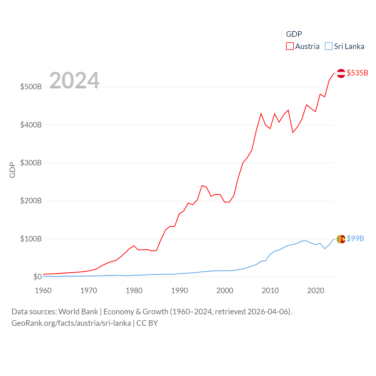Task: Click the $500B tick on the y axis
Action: pos(31,87)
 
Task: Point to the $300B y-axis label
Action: pos(31,163)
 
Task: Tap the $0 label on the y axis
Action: pos(37,277)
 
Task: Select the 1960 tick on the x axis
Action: pos(43,291)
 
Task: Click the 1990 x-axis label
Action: pos(179,291)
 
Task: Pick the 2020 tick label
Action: pos(316,291)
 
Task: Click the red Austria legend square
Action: pos(290,46)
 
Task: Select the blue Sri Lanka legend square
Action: pos(329,46)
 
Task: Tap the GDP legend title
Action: pos(294,34)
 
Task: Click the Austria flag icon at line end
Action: pos(341,73)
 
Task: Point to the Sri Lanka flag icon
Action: pos(341,239)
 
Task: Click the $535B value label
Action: pos(357,73)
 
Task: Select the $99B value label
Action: pos(355,239)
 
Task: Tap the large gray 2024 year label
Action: pos(74,80)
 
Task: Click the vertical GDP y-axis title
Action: pos(12,170)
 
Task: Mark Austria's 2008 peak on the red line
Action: pos(261,113)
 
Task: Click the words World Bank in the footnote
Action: pos(78,311)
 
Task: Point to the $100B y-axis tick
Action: pos(31,239)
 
